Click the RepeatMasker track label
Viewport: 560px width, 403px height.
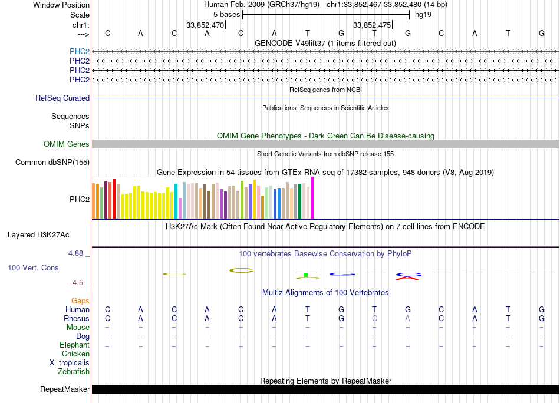point(64,389)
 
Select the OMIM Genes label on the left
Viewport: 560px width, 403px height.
point(67,144)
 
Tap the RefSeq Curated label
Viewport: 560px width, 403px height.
point(62,98)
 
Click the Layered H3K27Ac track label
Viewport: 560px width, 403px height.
point(38,234)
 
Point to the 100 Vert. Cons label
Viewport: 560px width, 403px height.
point(33,267)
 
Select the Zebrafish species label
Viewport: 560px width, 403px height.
point(74,372)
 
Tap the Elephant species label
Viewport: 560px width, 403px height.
point(74,345)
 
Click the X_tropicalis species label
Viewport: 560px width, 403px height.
point(70,363)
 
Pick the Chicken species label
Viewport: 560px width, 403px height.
point(75,354)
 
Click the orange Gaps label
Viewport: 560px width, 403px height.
point(80,300)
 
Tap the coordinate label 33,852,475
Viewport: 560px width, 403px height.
point(371,25)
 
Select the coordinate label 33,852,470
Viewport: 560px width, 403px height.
point(205,25)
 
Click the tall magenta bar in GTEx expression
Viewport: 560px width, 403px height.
point(312,197)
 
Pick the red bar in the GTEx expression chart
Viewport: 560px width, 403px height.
point(114,199)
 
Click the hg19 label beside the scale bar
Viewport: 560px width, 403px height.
point(423,15)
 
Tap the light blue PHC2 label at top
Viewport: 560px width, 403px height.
point(80,51)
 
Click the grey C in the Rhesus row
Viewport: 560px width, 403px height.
point(374,318)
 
